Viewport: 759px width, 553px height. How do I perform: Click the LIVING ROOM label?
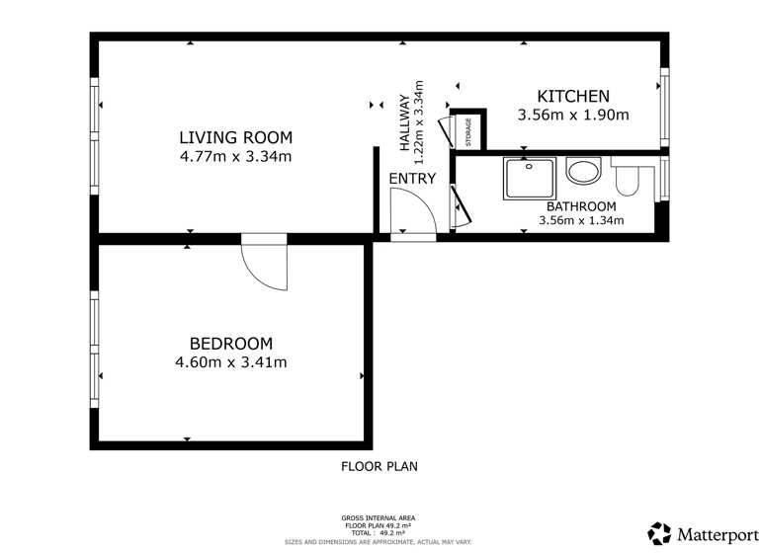(x=235, y=137)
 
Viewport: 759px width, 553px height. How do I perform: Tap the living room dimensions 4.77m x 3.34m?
(x=235, y=156)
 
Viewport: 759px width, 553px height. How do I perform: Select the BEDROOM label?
(x=230, y=344)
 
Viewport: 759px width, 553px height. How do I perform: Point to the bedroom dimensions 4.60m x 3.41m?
(x=230, y=362)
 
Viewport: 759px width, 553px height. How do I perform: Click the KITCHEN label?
(x=572, y=96)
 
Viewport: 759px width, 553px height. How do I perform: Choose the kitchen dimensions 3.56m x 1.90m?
(x=572, y=115)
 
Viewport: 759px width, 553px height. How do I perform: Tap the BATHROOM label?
(x=581, y=206)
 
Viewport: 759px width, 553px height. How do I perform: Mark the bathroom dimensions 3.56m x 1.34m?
(x=581, y=220)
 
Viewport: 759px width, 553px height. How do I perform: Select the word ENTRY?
(x=411, y=178)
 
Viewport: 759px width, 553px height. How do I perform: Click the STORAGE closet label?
(x=468, y=130)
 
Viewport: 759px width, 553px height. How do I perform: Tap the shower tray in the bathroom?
(x=530, y=179)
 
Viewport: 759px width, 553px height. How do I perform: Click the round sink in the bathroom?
(x=582, y=172)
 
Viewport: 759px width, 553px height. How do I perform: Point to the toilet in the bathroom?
(x=629, y=178)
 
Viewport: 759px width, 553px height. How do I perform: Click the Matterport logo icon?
(x=659, y=534)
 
